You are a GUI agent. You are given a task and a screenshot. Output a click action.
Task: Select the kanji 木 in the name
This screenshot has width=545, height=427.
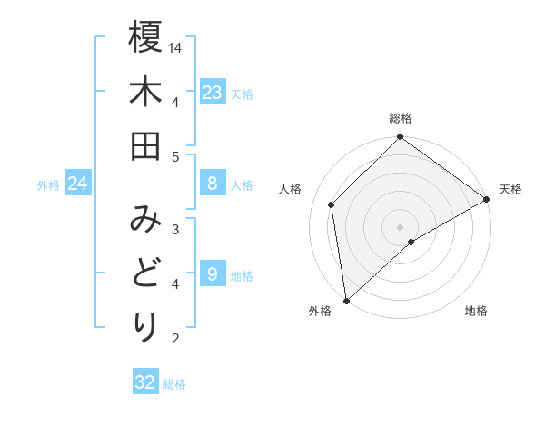click(x=145, y=93)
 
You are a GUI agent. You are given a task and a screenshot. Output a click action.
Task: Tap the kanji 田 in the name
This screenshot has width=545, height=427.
click(x=145, y=147)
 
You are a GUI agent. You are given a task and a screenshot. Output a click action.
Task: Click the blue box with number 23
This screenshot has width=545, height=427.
click(x=212, y=93)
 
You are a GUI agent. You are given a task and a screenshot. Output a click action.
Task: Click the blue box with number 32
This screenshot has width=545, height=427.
click(x=145, y=382)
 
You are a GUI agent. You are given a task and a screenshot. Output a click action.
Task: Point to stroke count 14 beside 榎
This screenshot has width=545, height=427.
click(x=175, y=46)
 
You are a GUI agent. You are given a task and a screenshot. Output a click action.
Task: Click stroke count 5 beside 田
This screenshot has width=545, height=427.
click(x=175, y=156)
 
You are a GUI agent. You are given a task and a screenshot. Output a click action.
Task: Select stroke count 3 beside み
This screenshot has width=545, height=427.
click(x=175, y=229)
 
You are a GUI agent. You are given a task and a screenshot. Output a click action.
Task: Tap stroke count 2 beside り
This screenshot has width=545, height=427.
click(x=175, y=339)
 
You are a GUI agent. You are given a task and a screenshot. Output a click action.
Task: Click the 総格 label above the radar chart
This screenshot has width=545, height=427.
click(x=401, y=118)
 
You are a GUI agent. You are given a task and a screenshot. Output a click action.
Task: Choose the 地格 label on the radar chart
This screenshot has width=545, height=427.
click(x=476, y=312)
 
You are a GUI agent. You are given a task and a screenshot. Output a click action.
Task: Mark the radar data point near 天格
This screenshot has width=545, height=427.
click(x=487, y=200)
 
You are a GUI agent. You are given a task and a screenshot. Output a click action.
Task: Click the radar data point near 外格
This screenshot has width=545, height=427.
click(x=346, y=300)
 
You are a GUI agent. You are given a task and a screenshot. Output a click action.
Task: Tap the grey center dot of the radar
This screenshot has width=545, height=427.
click(x=400, y=225)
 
